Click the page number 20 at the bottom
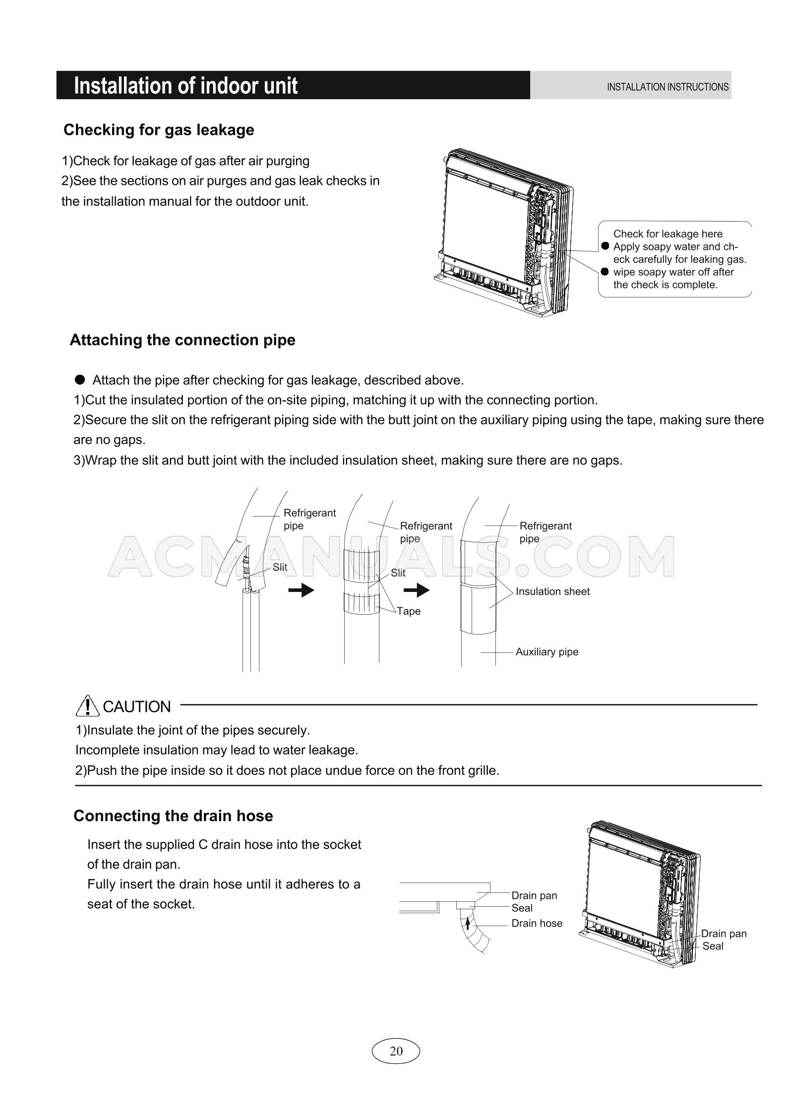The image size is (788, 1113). pyautogui.click(x=396, y=1051)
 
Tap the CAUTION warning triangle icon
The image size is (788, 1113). pyautogui.click(x=87, y=706)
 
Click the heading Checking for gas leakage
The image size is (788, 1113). pyautogui.click(x=159, y=130)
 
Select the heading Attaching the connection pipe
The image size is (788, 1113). pyautogui.click(x=182, y=340)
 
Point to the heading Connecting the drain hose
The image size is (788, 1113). pyautogui.click(x=173, y=816)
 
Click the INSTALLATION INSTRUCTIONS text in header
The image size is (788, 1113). pyautogui.click(x=667, y=87)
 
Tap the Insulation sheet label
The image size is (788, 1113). pyautogui.click(x=552, y=591)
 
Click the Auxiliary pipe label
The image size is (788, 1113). pyautogui.click(x=546, y=652)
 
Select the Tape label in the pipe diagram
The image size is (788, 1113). pyautogui.click(x=409, y=611)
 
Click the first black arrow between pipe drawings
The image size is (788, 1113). pyautogui.click(x=301, y=590)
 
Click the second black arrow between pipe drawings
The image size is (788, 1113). pyautogui.click(x=417, y=590)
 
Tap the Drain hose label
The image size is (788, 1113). pyautogui.click(x=537, y=923)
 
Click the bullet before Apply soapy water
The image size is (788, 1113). pyautogui.click(x=605, y=246)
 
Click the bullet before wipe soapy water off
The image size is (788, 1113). pyautogui.click(x=605, y=272)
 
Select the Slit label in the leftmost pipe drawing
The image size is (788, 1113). pyautogui.click(x=280, y=567)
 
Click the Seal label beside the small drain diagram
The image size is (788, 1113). pyautogui.click(x=522, y=908)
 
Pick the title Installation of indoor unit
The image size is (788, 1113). pyautogui.click(x=185, y=86)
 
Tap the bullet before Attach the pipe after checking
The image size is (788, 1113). pyautogui.click(x=80, y=380)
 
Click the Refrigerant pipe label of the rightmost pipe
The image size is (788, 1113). pyautogui.click(x=545, y=532)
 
